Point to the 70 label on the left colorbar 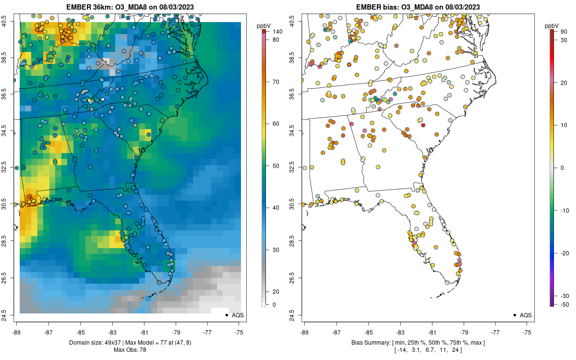pos(276,82)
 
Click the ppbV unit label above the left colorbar pos(264,25)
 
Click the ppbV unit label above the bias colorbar pos(552,25)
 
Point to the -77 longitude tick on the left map pos(207,332)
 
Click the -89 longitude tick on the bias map pos(304,332)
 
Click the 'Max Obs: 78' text pos(130,349)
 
